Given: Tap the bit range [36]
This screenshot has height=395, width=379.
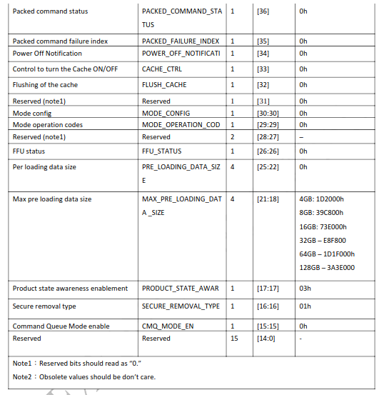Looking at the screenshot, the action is click(263, 11).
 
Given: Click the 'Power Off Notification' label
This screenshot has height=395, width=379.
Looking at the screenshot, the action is click(47, 53).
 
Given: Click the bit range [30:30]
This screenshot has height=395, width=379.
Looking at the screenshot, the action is click(268, 113).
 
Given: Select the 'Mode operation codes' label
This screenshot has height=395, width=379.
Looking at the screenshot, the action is click(48, 124).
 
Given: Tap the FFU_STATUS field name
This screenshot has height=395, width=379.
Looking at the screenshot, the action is click(161, 151).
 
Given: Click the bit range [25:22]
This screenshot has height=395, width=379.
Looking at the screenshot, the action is click(268, 166).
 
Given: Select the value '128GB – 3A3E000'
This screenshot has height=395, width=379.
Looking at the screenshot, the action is click(328, 267).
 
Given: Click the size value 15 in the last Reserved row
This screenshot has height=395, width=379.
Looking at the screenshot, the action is click(233, 338).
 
